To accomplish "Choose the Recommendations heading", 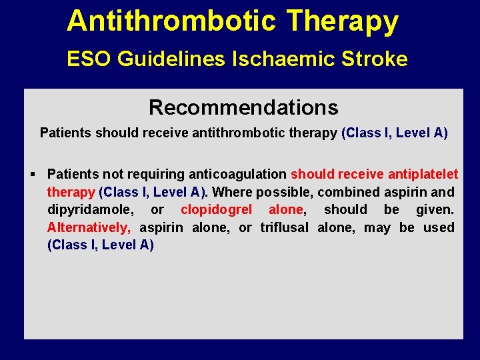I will click(x=243, y=107).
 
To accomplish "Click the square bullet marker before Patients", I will click(x=33, y=175).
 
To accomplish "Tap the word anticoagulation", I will click(x=238, y=175).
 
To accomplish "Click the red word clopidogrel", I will click(x=216, y=210).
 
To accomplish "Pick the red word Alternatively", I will click(x=89, y=227).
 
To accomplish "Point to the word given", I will click(x=435, y=210).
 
